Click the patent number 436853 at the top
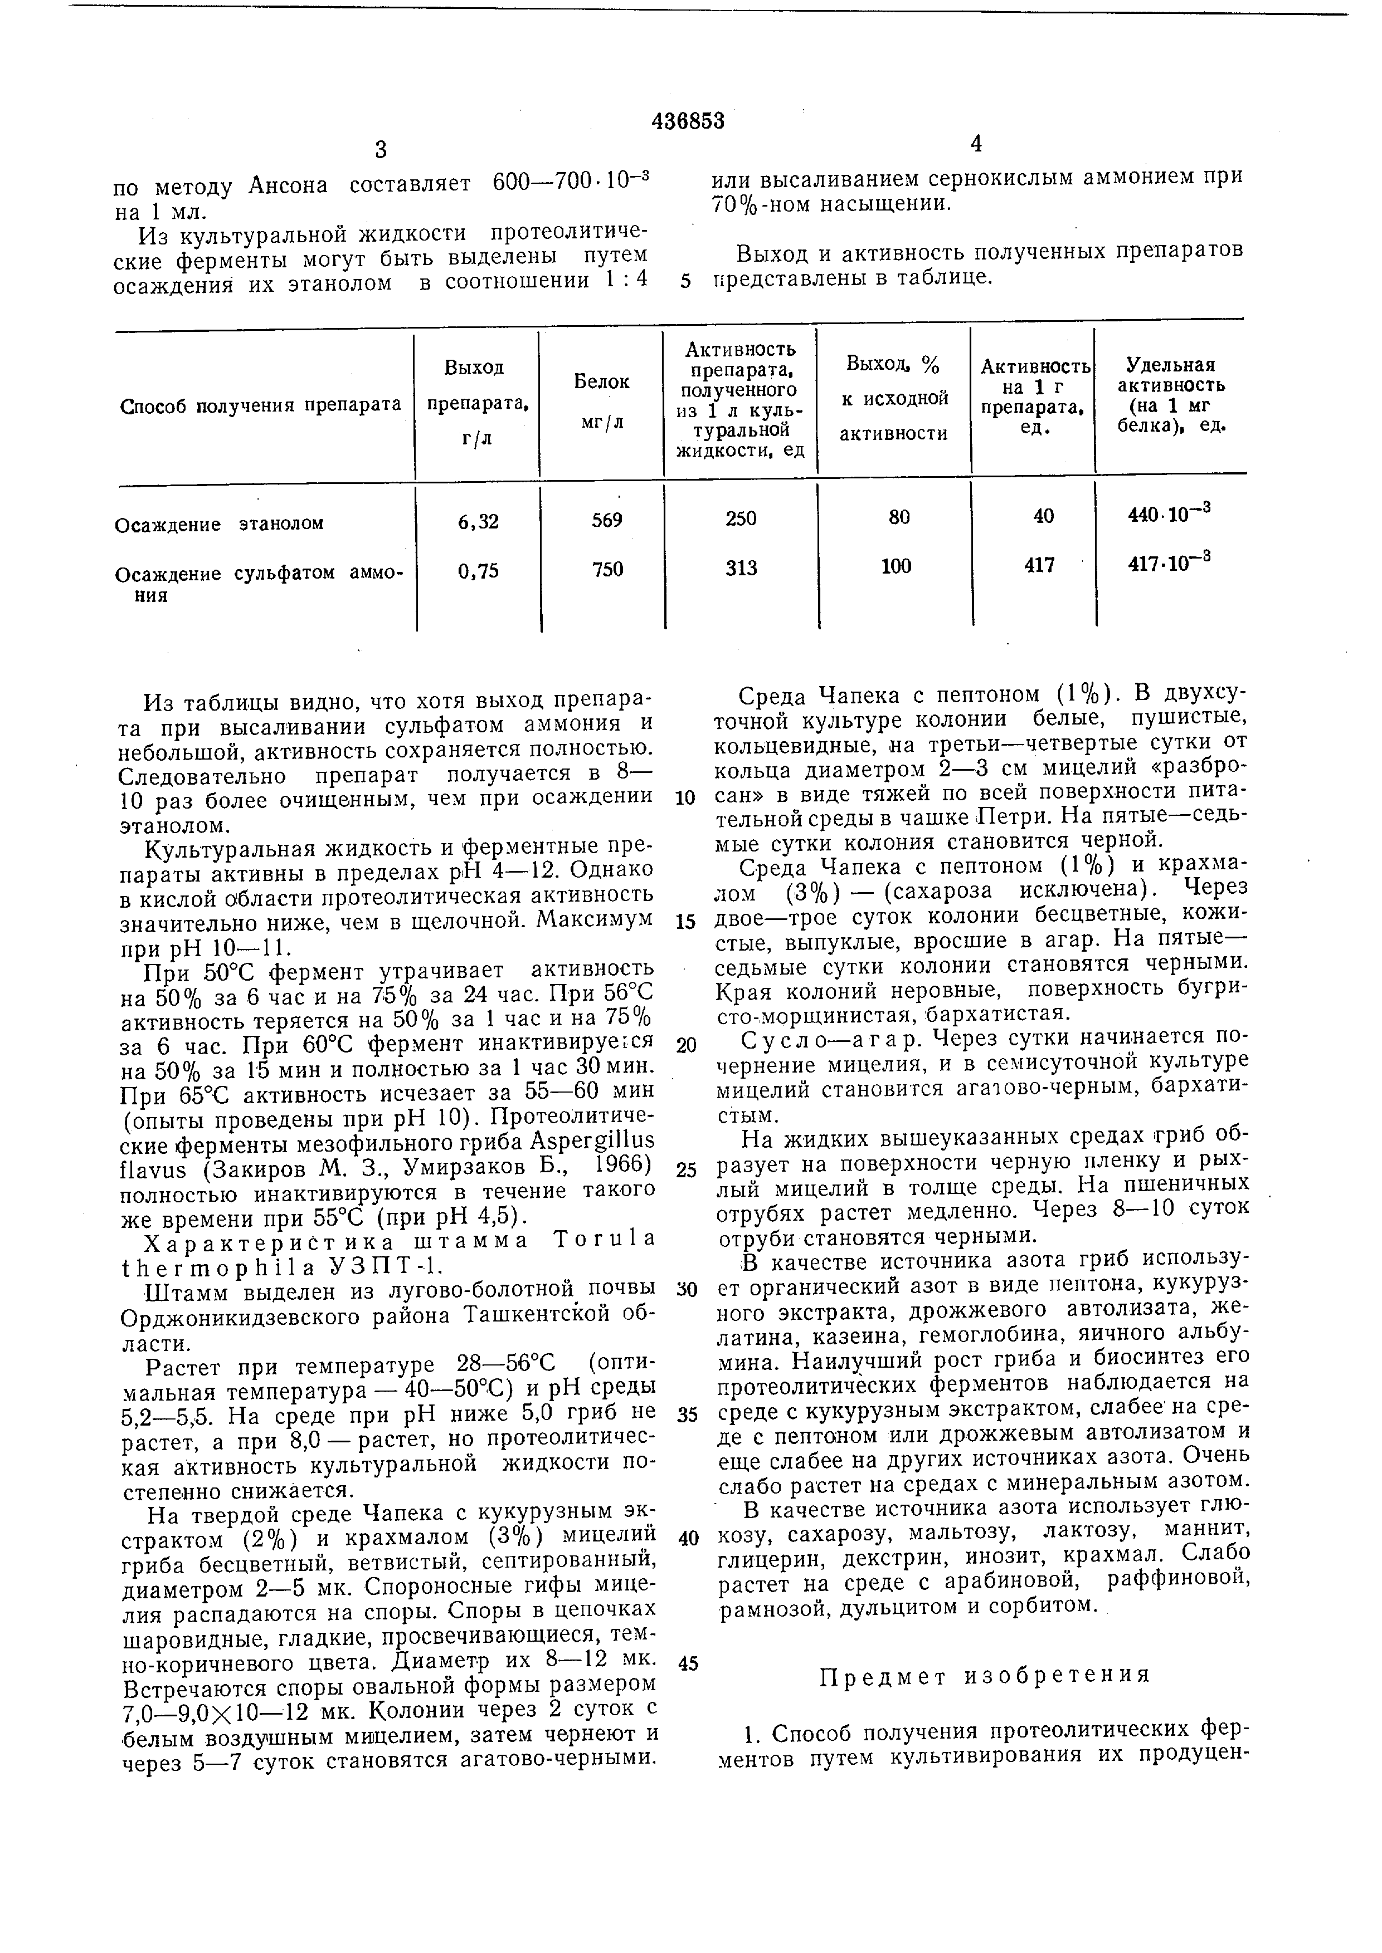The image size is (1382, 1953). (x=688, y=121)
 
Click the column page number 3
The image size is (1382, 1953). (x=381, y=150)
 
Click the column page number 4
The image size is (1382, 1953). (x=976, y=145)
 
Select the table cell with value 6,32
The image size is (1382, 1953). (x=478, y=521)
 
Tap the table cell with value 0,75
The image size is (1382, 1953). (x=478, y=571)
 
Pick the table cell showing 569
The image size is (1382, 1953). (x=607, y=520)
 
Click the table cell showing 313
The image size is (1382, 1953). (x=741, y=568)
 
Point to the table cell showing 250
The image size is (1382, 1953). (x=741, y=518)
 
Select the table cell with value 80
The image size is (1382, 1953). (x=899, y=516)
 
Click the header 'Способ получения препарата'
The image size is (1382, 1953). (x=260, y=405)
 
